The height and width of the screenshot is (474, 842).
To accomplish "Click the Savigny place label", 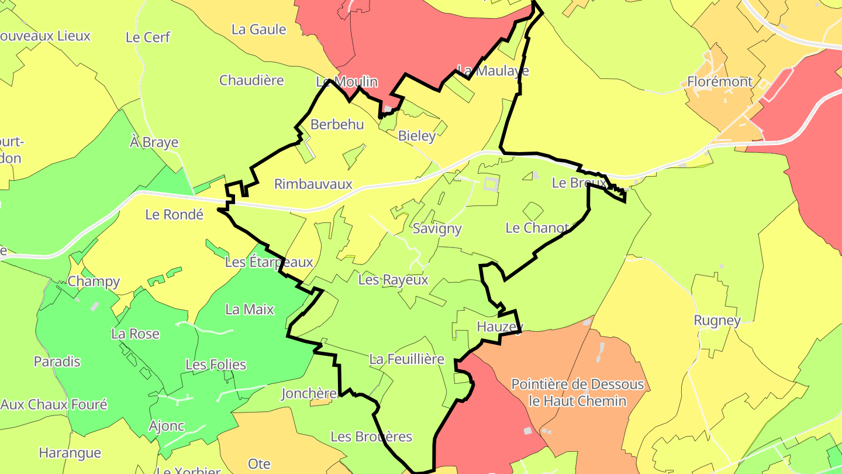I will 437,229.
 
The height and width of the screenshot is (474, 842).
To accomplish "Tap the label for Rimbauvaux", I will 313,184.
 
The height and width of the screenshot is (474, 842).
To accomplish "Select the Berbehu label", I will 337,125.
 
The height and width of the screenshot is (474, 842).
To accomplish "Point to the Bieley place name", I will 417,136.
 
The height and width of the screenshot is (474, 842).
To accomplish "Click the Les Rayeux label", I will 393,280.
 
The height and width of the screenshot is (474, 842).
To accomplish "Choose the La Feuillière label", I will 407,359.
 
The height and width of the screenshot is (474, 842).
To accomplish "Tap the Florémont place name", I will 720,82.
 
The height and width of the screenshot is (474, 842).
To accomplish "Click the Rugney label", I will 717,321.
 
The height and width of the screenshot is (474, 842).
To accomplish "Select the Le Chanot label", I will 537,228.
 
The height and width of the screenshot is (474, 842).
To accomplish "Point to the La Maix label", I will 250,310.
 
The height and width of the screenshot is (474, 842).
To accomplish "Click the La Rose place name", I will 135,334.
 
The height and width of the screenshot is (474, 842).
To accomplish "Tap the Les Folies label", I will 216,365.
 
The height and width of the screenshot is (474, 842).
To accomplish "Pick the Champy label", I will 94,282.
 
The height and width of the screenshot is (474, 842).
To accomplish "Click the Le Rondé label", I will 174,215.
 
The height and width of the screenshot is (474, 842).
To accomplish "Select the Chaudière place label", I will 251,81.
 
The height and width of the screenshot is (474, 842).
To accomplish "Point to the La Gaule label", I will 259,30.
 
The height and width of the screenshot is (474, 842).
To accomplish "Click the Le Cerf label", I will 148,37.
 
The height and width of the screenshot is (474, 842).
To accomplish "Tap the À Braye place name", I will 154,143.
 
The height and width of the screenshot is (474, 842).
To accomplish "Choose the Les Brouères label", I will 371,437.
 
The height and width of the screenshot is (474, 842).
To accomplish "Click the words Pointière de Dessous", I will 578,385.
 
